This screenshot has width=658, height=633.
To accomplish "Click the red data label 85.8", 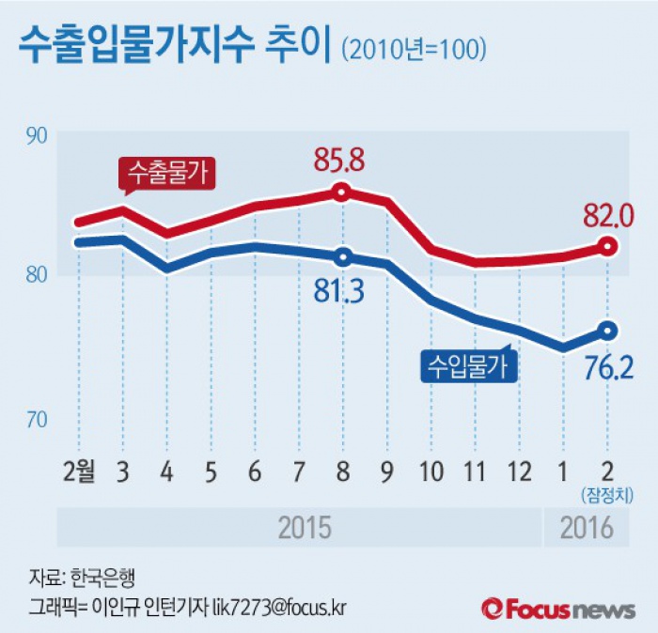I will click(340, 162).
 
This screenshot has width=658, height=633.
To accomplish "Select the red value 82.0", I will click(607, 215).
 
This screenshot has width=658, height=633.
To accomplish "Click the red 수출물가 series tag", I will click(166, 173).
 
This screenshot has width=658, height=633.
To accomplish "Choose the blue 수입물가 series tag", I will click(466, 364).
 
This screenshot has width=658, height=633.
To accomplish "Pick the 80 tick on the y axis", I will click(37, 276).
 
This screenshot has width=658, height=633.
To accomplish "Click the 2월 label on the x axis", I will click(78, 471).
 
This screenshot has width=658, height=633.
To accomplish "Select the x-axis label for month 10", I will click(431, 471).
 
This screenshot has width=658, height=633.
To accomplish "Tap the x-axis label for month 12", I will click(519, 471).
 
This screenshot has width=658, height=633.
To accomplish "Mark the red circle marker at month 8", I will click(342, 193).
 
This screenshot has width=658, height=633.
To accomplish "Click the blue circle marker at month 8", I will click(342, 256).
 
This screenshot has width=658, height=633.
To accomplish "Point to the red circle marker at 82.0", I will click(607, 247).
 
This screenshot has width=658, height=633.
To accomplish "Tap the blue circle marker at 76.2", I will click(607, 330).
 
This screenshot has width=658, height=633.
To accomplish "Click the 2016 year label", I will click(586, 528).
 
